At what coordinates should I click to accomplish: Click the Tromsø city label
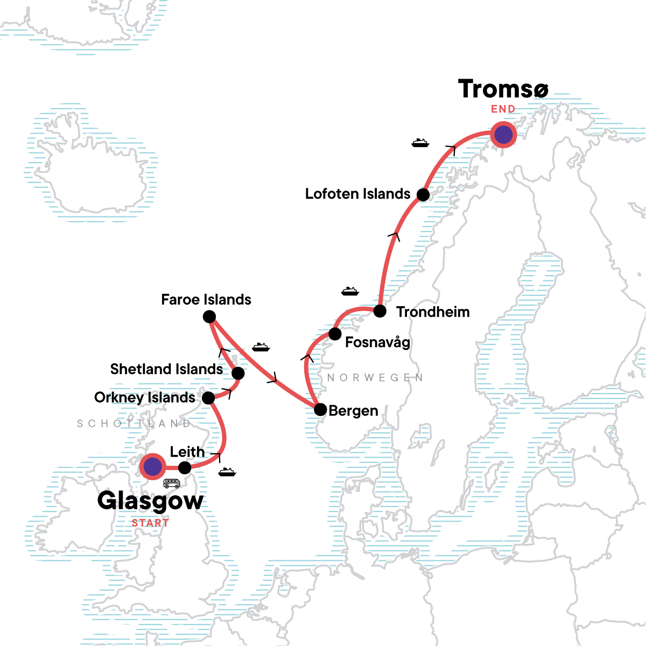[x=503, y=89]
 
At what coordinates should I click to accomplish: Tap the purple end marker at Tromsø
[x=503, y=135]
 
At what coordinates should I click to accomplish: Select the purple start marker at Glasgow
[x=153, y=466]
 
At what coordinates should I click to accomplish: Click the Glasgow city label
[x=150, y=500]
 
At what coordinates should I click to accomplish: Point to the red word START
[x=150, y=523]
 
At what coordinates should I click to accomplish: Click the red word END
[x=503, y=109]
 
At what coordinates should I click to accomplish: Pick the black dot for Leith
[x=185, y=467]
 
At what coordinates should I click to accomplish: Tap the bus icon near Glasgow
[x=172, y=483]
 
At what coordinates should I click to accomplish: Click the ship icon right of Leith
[x=227, y=472]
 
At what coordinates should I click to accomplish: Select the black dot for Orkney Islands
[x=208, y=398]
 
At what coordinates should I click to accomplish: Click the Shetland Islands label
[x=166, y=369]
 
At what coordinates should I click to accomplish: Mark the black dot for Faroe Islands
[x=209, y=317]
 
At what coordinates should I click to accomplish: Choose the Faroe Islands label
[x=206, y=300]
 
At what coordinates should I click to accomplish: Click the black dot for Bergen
[x=320, y=410]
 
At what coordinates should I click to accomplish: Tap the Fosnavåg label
[x=377, y=342]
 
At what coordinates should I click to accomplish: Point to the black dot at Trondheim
[x=380, y=311]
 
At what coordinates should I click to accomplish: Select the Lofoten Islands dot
[x=424, y=194]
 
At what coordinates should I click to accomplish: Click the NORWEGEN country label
[x=375, y=378]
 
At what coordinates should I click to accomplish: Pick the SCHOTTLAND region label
[x=134, y=424]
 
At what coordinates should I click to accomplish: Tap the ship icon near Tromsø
[x=420, y=143]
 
